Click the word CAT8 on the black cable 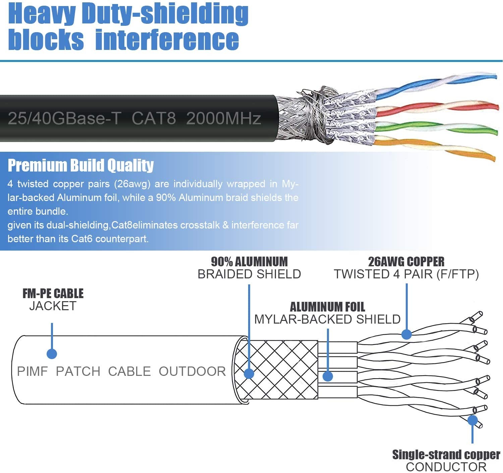(x=154, y=118)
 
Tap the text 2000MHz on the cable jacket (x=223, y=118)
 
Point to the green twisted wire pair (x=436, y=128)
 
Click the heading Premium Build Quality (x=80, y=165)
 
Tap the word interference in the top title (x=167, y=40)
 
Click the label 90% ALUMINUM (x=249, y=262)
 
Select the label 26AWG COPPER (x=406, y=262)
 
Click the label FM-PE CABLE (x=53, y=293)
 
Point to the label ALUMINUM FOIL (x=327, y=307)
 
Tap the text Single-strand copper (x=446, y=455)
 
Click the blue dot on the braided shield (x=249, y=374)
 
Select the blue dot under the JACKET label (x=52, y=353)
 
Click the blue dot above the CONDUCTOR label (x=472, y=420)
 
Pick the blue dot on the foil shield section (x=328, y=376)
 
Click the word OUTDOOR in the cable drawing (x=192, y=371)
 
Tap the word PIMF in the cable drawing (x=32, y=371)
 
